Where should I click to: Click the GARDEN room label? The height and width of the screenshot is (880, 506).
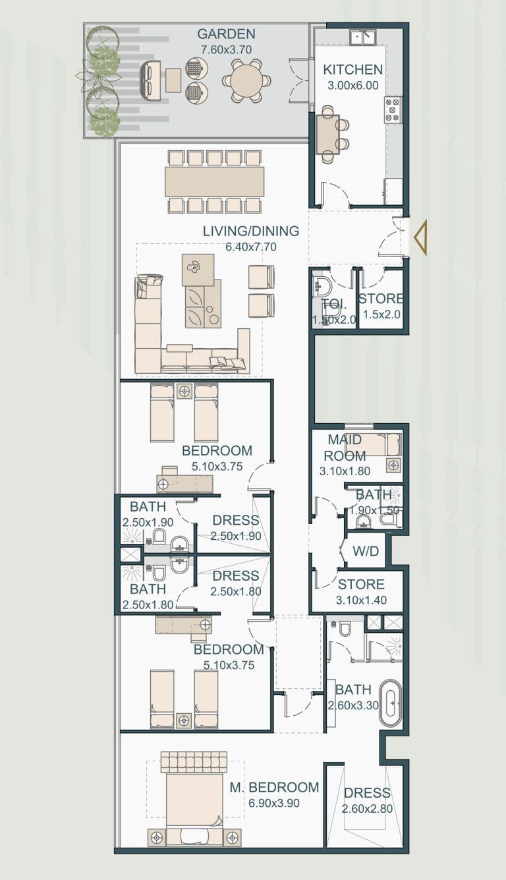226,34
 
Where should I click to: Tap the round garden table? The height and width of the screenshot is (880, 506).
246,81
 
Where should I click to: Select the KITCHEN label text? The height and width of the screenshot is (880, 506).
352,69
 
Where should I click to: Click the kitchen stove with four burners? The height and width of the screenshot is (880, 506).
393,110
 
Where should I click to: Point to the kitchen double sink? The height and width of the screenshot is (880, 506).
362,37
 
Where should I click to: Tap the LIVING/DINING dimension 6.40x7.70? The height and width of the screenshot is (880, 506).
250,247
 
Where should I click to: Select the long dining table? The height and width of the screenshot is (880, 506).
214,181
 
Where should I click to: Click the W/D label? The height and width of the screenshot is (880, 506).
365,551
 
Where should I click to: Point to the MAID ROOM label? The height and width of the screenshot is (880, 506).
345,448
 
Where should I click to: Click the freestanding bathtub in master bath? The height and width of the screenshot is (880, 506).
390,703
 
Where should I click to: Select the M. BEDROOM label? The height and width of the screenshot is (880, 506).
274,787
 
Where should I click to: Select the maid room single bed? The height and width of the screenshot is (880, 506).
373,445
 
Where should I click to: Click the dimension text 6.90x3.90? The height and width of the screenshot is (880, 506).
273,804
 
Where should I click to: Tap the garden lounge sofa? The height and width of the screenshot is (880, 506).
150,80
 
